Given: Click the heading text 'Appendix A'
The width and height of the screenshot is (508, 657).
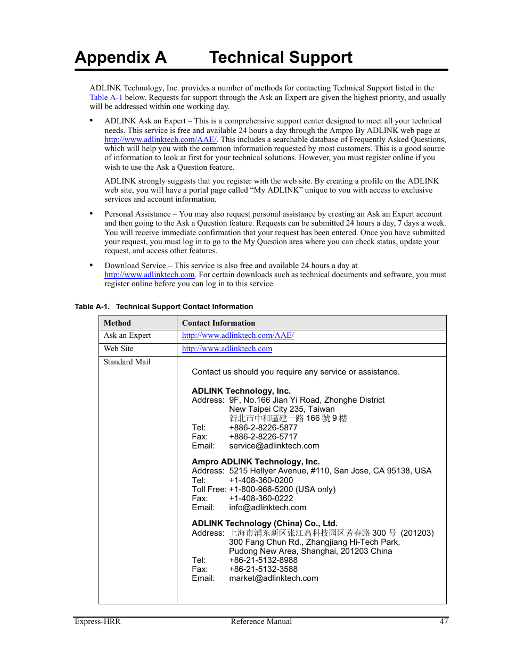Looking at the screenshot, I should pos(120,57).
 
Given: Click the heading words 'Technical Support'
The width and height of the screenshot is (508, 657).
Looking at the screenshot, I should pos(281,57).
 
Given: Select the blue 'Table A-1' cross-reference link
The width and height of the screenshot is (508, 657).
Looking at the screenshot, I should pos(106,97).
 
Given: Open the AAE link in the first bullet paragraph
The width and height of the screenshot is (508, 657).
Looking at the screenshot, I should pos(160,139).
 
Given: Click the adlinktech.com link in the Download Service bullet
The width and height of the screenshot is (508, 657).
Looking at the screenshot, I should pos(150,275).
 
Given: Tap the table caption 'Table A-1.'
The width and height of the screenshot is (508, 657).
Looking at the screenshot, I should pos(92,306).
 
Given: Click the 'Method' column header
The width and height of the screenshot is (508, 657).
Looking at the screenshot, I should pos(117,323).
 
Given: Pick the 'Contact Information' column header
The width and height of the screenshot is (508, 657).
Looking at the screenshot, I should pos(218,323).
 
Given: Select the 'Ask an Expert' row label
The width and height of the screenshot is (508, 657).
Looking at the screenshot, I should pos(127,335).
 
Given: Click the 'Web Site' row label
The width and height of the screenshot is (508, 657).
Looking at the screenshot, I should pos(119,348).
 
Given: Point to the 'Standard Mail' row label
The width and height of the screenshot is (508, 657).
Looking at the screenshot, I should pos(127,362).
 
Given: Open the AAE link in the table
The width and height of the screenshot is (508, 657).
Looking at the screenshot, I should pos(237,335).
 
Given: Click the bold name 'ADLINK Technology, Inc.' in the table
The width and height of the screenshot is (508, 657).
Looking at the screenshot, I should pos(241,390).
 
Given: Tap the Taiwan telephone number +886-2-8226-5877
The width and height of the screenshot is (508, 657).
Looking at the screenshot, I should pos(263,427).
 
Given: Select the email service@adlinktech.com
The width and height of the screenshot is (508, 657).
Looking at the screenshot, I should pos(274,446).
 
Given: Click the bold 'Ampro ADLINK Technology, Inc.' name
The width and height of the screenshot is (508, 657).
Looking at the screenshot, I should pos(256,461).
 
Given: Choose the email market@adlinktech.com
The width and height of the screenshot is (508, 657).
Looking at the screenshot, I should pos(273,578).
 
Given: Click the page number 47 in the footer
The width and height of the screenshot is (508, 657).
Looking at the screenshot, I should pos(444,621).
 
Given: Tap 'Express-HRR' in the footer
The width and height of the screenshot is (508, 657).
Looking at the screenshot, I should pos(97,621).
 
